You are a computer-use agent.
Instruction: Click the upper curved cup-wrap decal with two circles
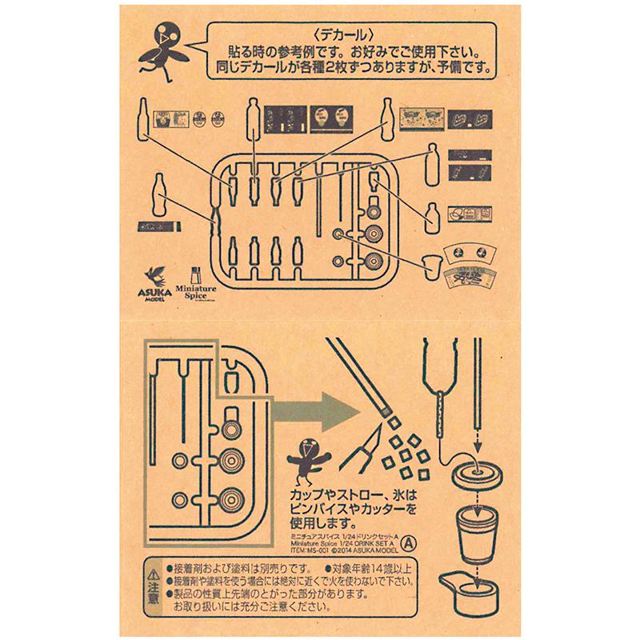point(470,253)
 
